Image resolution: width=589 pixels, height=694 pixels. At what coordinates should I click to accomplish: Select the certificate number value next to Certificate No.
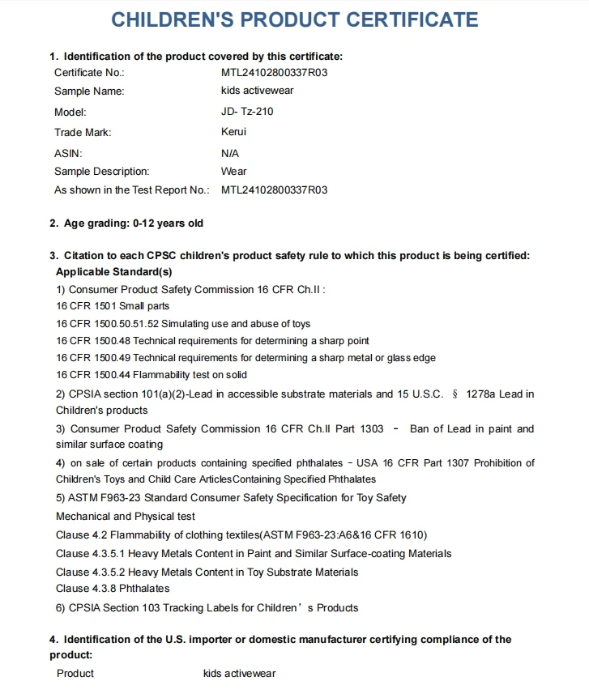coord(274,72)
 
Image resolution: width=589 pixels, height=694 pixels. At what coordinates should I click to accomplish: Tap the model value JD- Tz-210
coord(247,112)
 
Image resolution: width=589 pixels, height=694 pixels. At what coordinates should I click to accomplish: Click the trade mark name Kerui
coord(233,132)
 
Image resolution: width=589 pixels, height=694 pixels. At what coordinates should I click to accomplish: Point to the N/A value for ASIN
coord(230,153)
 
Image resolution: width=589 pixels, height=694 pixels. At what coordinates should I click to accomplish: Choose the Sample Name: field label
coord(89,92)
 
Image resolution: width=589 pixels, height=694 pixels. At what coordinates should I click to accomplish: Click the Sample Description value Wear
coord(233,172)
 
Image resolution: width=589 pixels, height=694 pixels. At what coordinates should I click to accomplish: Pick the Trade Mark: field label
coord(83,132)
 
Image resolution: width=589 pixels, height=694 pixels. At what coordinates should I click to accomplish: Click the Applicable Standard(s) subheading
coord(113,272)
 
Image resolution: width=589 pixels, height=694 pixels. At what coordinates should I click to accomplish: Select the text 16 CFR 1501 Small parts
coord(113,306)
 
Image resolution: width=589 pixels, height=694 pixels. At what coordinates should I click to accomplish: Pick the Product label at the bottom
coord(75,674)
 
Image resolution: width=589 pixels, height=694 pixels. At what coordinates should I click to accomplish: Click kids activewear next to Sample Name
coord(257,91)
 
